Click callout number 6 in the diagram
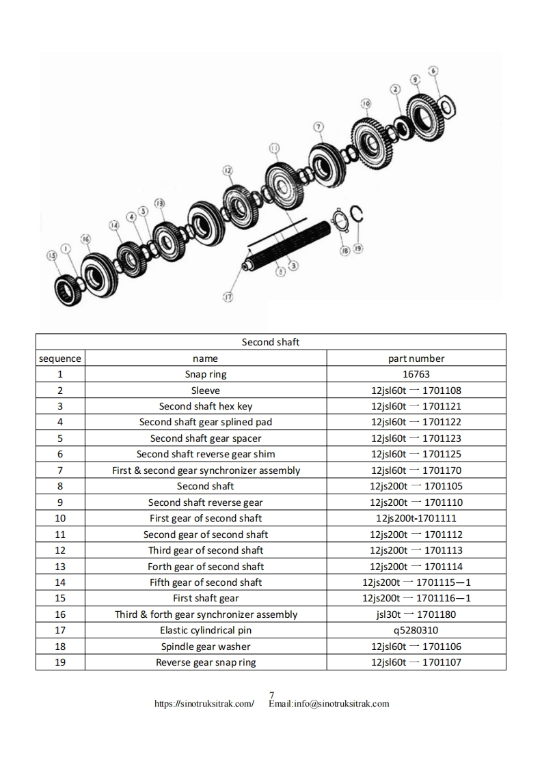click(433, 70)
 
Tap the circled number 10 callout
click(366, 103)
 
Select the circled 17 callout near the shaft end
click(228, 296)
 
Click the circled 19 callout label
click(358, 250)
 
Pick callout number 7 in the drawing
click(319, 127)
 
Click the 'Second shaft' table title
click(271, 342)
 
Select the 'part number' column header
click(416, 358)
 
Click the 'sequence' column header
click(60, 358)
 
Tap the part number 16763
click(416, 374)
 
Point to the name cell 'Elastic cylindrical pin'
click(206, 630)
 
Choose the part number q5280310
click(416, 630)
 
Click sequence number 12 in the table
click(60, 550)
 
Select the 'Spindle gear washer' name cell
click(206, 647)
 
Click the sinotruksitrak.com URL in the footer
click(204, 704)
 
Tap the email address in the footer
click(329, 704)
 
